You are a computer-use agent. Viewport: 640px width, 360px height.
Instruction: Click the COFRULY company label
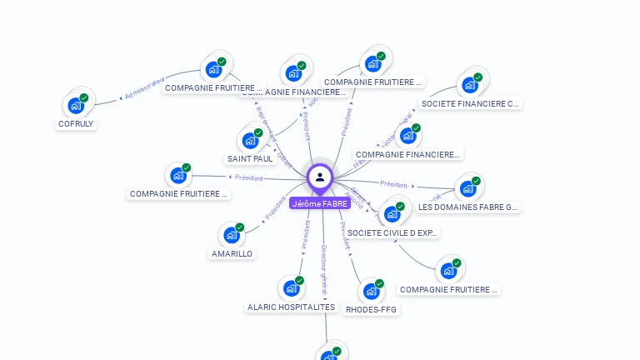pyautogui.click(x=76, y=123)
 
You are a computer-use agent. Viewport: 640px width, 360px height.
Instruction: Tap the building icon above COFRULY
pyautogui.click(x=76, y=106)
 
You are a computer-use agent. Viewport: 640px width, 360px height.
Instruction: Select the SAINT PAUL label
pyautogui.click(x=250, y=158)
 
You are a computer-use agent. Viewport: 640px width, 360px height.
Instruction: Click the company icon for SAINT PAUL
pyautogui.click(x=249, y=141)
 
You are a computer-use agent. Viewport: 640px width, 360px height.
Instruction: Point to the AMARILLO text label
pyautogui.click(x=232, y=253)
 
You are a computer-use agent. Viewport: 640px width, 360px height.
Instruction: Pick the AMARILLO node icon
pyautogui.click(x=231, y=235)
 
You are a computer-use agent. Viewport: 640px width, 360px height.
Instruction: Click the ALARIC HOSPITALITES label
pyautogui.click(x=291, y=307)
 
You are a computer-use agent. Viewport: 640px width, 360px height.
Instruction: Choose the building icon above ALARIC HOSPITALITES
pyautogui.click(x=291, y=288)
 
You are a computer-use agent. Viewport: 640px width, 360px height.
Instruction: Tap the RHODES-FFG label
pyautogui.click(x=372, y=309)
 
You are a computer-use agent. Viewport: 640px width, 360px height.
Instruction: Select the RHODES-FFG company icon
pyautogui.click(x=371, y=292)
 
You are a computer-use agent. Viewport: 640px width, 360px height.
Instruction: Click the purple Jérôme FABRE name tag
pyautogui.click(x=320, y=202)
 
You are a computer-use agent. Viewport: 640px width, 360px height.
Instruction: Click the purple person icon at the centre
pyautogui.click(x=320, y=177)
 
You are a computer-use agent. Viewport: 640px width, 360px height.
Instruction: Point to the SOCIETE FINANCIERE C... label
pyautogui.click(x=471, y=103)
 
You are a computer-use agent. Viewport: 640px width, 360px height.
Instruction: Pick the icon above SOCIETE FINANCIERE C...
pyautogui.click(x=469, y=85)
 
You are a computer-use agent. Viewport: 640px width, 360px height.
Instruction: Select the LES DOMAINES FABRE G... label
pyautogui.click(x=469, y=207)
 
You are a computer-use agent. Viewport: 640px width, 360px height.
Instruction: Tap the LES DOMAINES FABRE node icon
pyautogui.click(x=467, y=188)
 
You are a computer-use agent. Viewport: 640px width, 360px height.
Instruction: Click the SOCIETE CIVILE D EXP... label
pyautogui.click(x=392, y=232)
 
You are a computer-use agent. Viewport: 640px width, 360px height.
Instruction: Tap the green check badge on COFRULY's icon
pyautogui.click(x=84, y=97)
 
